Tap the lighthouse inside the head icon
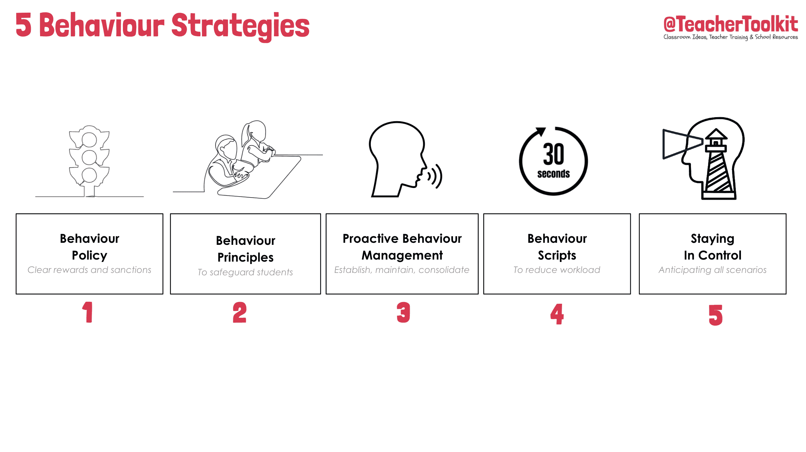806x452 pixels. [717, 164]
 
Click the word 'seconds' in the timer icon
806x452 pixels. [553, 174]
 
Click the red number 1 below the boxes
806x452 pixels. [88, 312]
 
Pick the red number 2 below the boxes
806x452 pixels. [239, 312]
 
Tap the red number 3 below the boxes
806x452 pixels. [403, 312]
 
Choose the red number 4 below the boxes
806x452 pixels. [557, 314]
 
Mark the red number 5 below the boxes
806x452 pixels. [715, 315]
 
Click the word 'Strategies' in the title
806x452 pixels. [240, 26]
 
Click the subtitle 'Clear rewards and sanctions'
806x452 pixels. [89, 270]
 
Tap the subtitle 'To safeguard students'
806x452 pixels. [245, 272]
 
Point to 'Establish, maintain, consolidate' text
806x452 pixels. [402, 270]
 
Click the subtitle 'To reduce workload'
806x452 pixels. [557, 270]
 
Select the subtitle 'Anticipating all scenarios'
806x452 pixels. [712, 270]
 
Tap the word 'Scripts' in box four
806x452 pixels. [557, 255]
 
